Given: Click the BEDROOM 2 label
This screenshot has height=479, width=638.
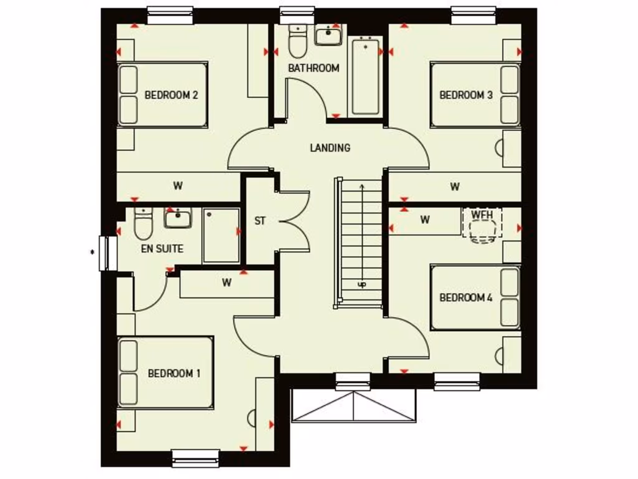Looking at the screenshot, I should pos(171,95).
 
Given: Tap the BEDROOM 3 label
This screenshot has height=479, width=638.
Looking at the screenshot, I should pos(466,95).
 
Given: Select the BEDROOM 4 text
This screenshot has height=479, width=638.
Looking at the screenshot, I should pos(466,298).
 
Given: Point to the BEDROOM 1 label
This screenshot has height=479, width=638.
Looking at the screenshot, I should pos(174,374).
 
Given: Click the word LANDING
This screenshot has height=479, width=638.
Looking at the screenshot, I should pos(330,148).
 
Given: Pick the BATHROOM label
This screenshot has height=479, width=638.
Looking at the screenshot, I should pos(313,68).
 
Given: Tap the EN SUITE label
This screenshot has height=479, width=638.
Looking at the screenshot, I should pos(161,249).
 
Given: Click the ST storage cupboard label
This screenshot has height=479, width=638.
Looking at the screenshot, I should pos(260,221).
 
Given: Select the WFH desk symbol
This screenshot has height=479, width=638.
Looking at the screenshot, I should pos(482,224).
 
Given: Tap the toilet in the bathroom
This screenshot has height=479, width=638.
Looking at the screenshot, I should pos(297,41).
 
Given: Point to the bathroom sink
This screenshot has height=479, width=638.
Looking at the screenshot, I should pos(328,36).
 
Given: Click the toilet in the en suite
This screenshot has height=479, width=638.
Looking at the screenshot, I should pos(143,225).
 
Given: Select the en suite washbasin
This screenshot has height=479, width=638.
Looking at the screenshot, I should pos(178,218).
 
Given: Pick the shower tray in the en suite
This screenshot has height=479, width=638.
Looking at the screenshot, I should pos(221,235).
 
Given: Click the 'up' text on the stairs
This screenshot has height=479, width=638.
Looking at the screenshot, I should pos(361,284).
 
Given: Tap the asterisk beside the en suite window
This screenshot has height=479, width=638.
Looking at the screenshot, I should pos(92,252).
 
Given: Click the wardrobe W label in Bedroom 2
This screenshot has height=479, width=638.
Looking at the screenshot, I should pos(178,185).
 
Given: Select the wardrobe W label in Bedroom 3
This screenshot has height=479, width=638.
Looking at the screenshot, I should pos(455,186).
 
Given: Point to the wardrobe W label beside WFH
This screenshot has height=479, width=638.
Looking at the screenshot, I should pos(425,220).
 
